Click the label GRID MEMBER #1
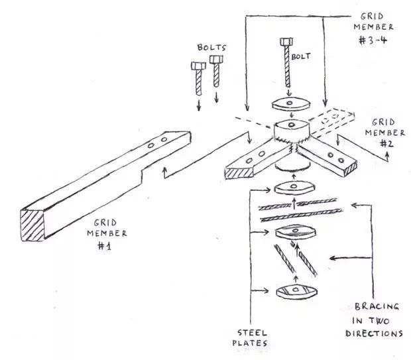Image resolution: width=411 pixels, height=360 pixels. [107, 234]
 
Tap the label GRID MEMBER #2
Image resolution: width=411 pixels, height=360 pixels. [384, 133]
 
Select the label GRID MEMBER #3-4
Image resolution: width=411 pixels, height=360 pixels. [373, 29]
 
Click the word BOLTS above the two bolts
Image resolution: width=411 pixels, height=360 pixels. [211, 48]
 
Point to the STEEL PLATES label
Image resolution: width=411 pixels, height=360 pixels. [250, 338]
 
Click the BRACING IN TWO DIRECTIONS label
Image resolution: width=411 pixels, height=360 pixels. [375, 320]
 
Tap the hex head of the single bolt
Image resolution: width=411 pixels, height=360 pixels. [286, 42]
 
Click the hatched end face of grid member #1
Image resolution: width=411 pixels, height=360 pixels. [32, 225]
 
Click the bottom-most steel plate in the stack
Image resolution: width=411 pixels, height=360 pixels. [297, 291]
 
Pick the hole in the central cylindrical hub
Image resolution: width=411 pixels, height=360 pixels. [290, 125]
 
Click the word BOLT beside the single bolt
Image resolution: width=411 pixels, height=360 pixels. [301, 56]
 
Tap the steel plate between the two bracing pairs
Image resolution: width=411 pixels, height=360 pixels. [296, 232]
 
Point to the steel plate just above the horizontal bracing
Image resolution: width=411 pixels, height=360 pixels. [294, 188]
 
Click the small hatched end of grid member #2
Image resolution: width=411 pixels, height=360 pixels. [351, 169]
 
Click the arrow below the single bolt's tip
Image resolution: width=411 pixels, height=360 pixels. [289, 93]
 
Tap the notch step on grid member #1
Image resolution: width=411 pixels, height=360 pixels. [142, 176]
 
